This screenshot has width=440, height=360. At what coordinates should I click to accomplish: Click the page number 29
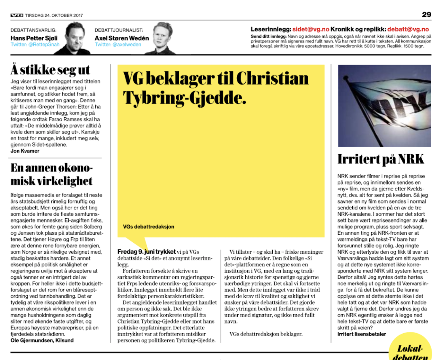[x=427, y=14]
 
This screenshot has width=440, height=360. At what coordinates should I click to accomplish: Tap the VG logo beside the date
[x=17, y=15]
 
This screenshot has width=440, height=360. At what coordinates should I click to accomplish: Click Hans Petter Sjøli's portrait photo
[x=77, y=38]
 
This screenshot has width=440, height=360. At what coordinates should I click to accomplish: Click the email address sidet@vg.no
[x=311, y=29]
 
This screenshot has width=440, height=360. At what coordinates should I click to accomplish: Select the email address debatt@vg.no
[x=408, y=29]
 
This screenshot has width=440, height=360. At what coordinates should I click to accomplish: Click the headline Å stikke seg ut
[x=50, y=70]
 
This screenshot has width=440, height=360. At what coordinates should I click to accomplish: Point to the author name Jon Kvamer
[x=25, y=151]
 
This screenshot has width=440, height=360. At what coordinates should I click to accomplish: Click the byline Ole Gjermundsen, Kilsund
[x=42, y=340]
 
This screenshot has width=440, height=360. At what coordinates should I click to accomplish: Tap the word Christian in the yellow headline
[x=272, y=78]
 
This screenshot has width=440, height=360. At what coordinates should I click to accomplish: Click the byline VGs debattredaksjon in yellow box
[x=148, y=227]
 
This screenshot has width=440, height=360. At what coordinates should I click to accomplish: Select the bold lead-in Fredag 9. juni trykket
[x=146, y=252]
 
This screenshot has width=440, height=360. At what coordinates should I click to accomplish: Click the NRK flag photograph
[x=384, y=106]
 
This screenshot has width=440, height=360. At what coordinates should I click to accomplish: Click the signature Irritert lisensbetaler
[x=362, y=334]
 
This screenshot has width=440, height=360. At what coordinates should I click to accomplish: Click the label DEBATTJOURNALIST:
[x=119, y=30]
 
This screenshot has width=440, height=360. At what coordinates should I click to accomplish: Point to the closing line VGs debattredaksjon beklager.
[x=266, y=334]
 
